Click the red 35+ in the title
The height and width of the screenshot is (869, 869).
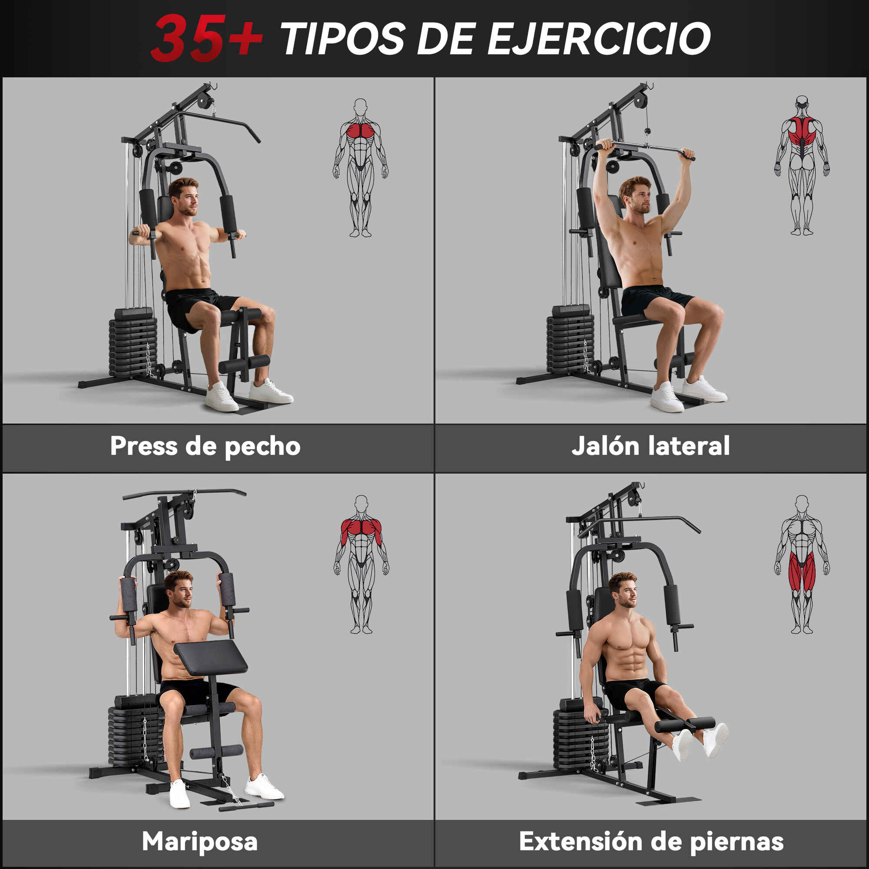[207, 38]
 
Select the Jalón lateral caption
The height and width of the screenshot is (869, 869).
[650, 446]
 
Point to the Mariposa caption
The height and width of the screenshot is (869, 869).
[200, 841]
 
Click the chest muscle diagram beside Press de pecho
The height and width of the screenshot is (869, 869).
[360, 167]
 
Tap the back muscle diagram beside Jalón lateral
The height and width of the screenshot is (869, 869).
[802, 165]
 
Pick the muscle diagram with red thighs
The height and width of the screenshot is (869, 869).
[802, 564]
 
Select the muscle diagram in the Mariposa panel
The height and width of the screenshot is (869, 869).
[361, 564]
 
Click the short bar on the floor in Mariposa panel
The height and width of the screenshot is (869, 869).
[246, 806]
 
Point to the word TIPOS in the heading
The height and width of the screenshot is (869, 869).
[343, 38]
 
